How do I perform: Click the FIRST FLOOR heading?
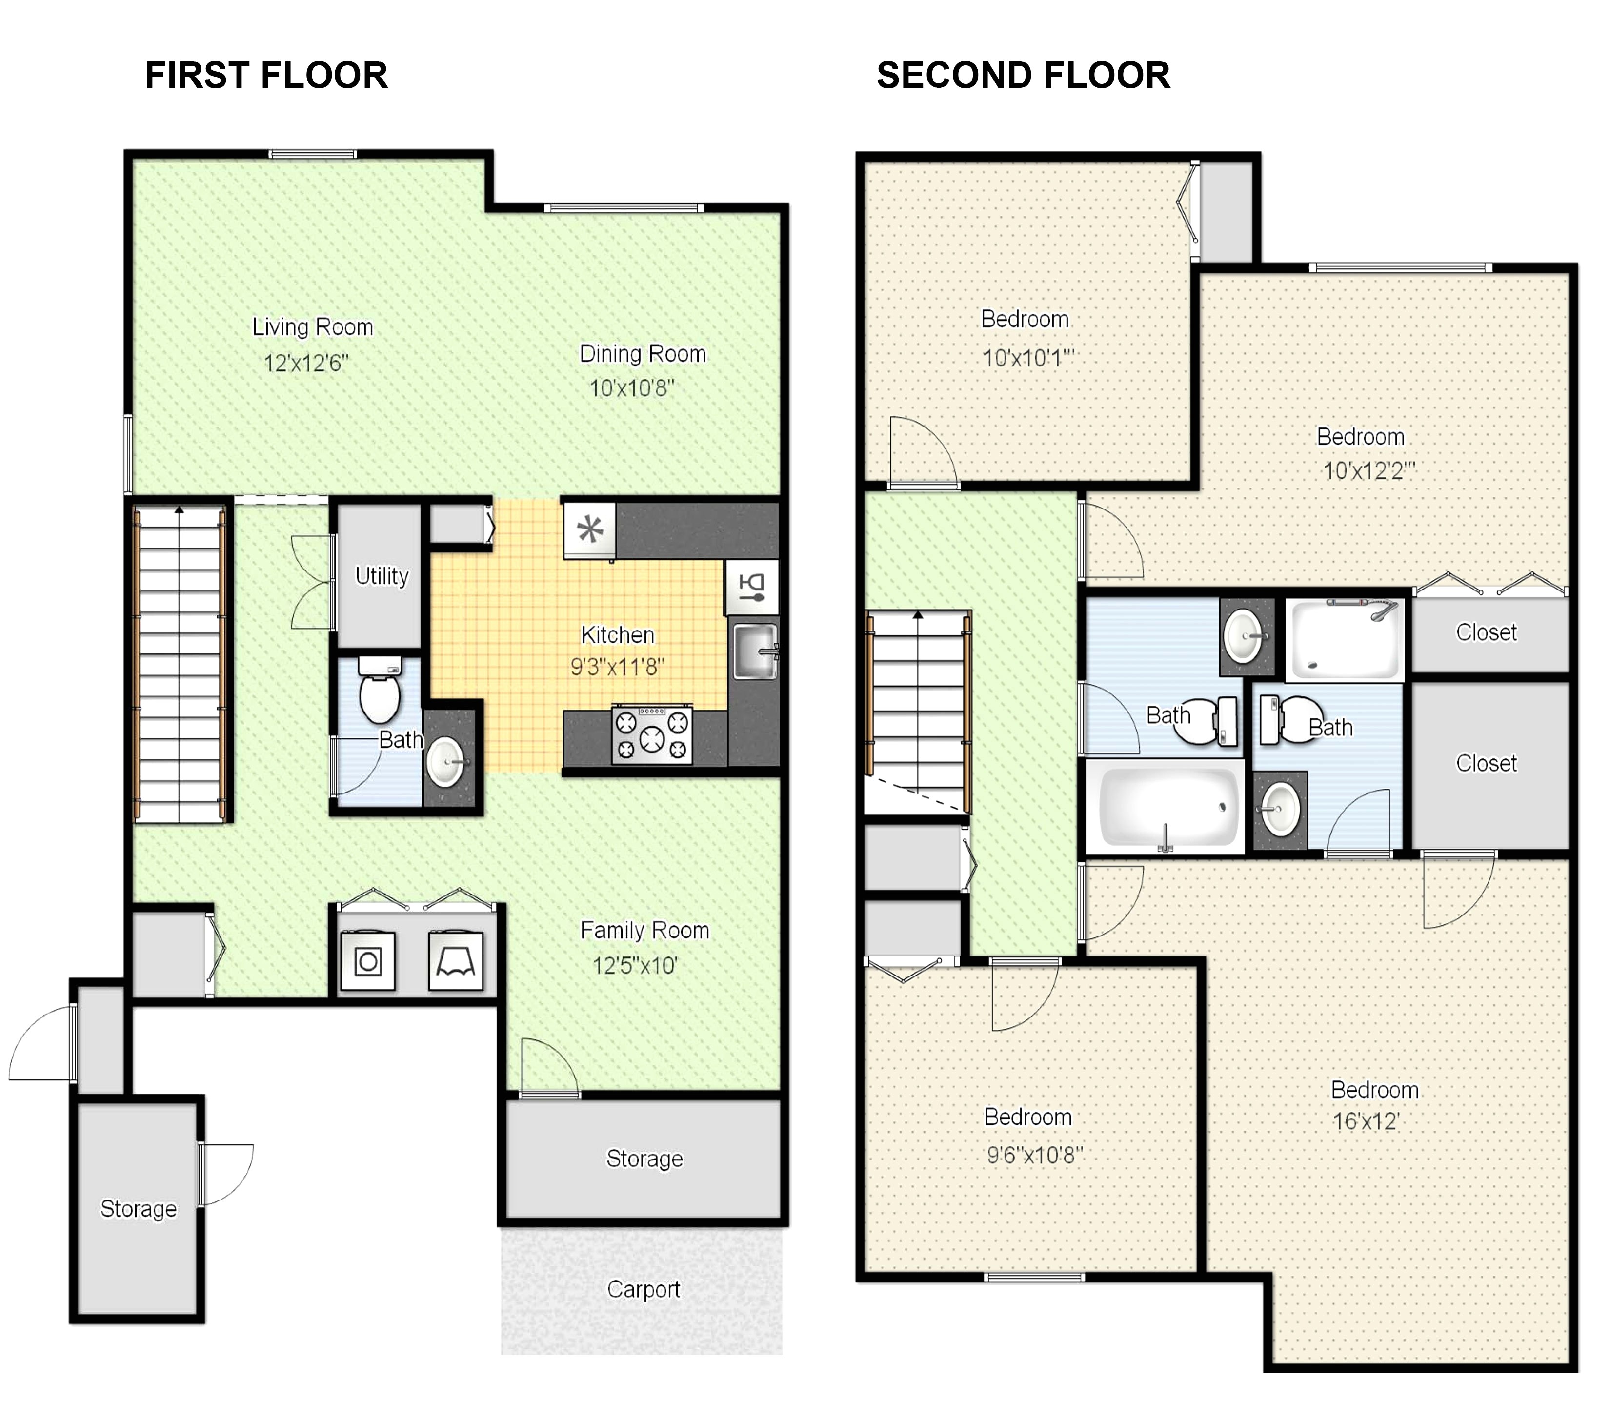[x=266, y=76]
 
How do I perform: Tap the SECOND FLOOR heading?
[x=1023, y=76]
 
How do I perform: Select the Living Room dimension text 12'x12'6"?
[x=305, y=363]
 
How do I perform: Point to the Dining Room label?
[x=643, y=354]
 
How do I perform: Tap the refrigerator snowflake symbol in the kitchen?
[x=590, y=529]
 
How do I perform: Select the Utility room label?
[x=382, y=576]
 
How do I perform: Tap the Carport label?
[x=644, y=1290]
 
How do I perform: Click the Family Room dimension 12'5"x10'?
[x=635, y=965]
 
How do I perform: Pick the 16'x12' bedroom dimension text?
[x=1365, y=1121]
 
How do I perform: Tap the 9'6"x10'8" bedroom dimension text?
[x=1035, y=1155]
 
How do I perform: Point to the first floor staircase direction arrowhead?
[x=180, y=510]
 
